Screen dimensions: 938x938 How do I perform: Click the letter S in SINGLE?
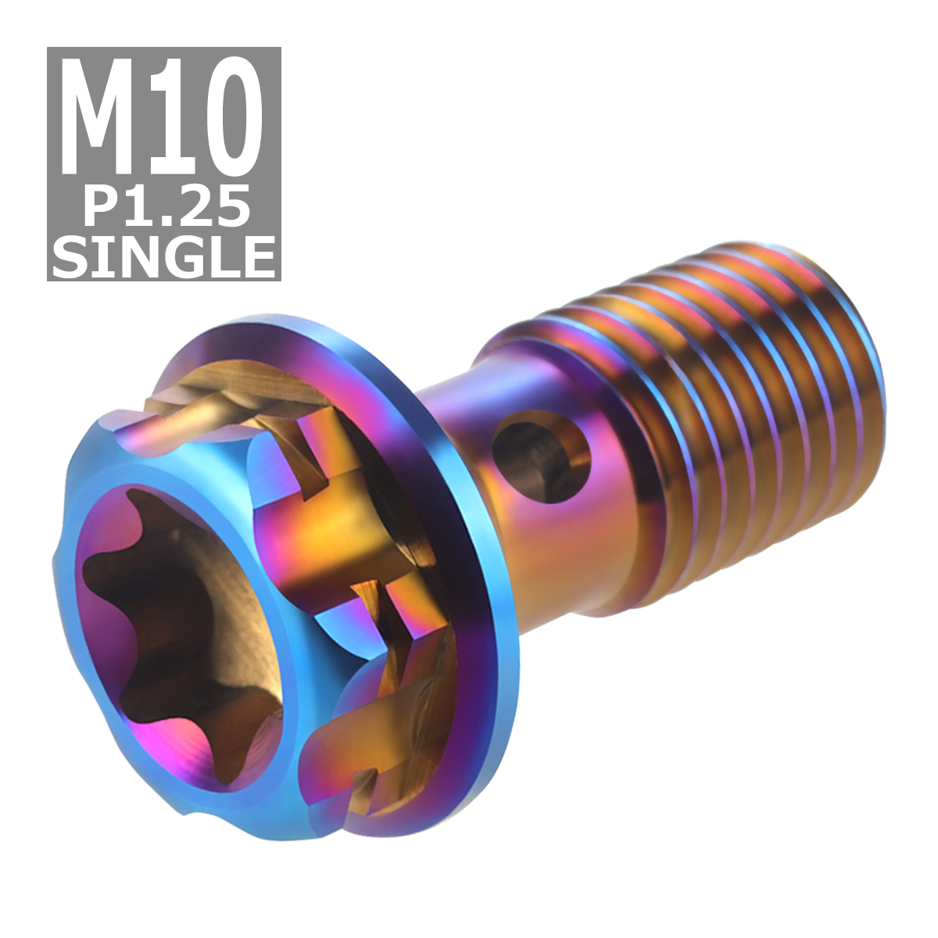point(70,255)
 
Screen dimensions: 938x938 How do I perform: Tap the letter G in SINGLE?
point(180,255)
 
